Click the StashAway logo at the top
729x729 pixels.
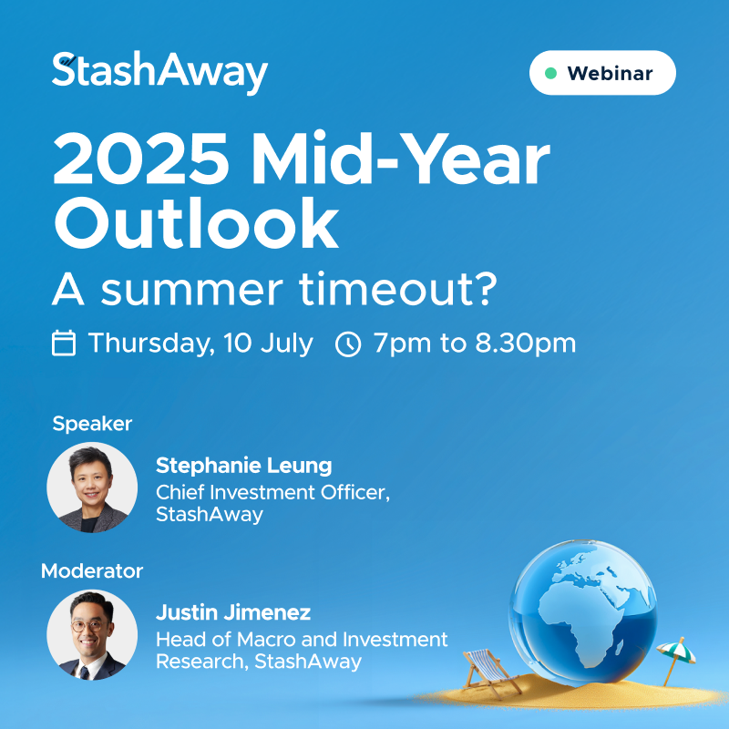point(159,72)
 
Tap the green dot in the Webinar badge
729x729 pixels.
point(551,73)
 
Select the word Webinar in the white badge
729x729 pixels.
point(610,74)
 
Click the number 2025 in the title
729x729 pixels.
point(141,159)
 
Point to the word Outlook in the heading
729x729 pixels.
point(196,222)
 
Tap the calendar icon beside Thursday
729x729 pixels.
point(64,344)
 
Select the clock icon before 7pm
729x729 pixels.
point(348,344)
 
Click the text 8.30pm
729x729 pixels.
point(526,344)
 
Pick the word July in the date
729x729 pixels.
point(287,344)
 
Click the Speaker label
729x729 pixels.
point(92,424)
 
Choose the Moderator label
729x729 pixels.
point(92,571)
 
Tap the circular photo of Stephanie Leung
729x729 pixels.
point(92,488)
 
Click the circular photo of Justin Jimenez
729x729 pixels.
point(92,634)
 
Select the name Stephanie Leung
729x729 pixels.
point(243,466)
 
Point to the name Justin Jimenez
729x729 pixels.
point(233,612)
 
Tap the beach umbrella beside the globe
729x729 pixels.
point(676,659)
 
